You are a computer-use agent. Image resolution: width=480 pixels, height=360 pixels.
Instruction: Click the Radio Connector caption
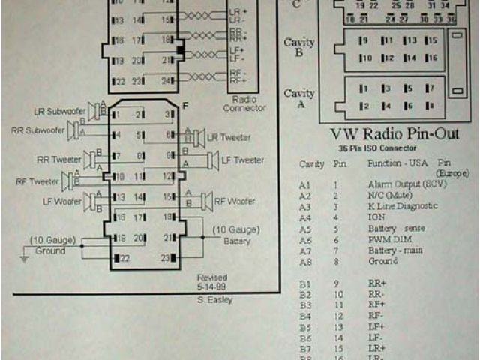coord(244,103)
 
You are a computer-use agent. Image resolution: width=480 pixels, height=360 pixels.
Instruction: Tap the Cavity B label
coord(299,47)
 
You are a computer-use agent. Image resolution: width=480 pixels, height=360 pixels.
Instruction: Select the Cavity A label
coord(299,98)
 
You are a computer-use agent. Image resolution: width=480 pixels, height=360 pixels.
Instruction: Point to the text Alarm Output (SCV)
coord(402,184)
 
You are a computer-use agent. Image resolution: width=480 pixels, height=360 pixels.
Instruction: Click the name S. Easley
coord(211,300)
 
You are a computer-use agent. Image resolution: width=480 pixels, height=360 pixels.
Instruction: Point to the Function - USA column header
coord(393,163)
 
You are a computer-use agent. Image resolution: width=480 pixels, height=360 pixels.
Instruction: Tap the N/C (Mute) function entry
coord(390,195)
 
